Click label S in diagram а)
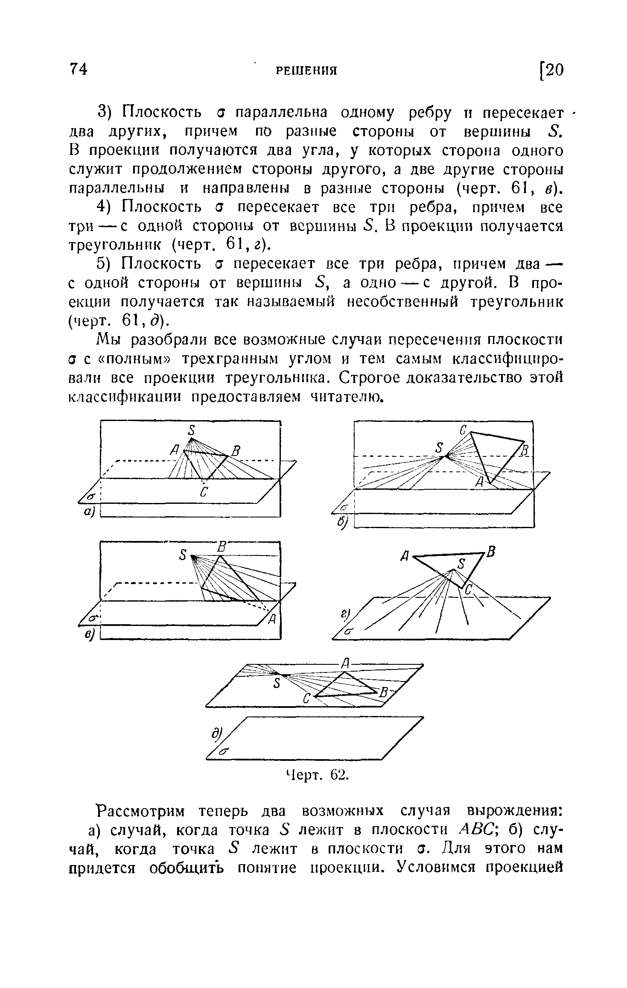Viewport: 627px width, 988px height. point(192,430)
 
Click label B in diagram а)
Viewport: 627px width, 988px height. point(236,450)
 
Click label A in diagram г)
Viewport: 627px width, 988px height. point(405,556)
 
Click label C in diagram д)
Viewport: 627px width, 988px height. point(306,699)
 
